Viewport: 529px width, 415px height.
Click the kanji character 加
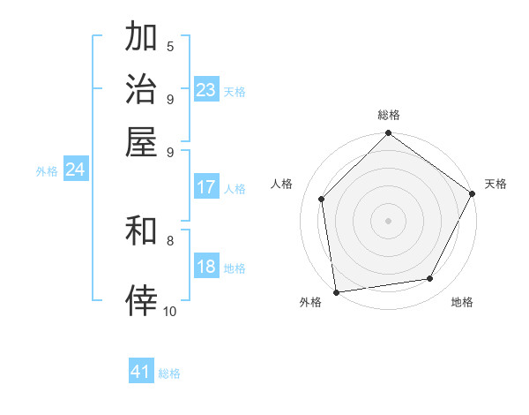coord(141,38)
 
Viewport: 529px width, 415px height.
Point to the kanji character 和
coord(141,232)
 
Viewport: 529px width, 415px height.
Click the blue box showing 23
coord(206,90)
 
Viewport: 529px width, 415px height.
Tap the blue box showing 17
coord(206,187)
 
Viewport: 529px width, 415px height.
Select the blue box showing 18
coord(206,268)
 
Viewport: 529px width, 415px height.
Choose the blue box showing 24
coord(75,170)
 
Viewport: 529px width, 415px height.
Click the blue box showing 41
coord(141,372)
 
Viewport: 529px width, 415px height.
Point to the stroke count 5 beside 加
coord(170,47)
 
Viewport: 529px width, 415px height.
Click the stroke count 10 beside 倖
coord(170,311)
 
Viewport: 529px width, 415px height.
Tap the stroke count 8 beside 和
coord(170,240)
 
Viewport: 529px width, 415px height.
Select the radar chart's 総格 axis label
coord(389,116)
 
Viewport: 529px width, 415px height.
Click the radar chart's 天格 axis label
coord(496,184)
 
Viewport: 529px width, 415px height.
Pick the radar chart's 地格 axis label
coord(462,303)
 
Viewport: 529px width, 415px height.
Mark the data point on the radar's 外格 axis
coord(336,292)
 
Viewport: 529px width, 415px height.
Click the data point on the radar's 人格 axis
coord(321,199)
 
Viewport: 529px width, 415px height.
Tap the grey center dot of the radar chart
coord(389,220)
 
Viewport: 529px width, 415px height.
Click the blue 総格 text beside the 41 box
coord(169,373)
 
